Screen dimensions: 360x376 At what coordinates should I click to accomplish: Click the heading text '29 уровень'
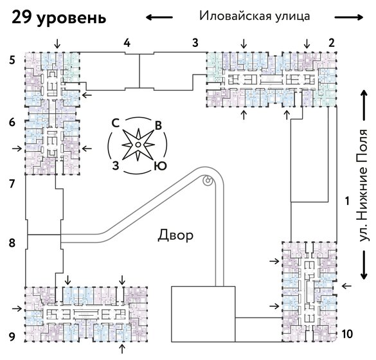(x=58, y=18)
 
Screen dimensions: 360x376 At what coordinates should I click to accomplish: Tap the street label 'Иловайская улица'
(x=255, y=16)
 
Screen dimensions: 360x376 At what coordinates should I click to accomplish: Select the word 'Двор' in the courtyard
(x=175, y=235)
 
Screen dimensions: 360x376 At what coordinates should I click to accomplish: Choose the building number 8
(x=12, y=243)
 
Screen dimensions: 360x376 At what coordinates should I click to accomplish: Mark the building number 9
(x=12, y=335)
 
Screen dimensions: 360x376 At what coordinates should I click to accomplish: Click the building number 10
(x=347, y=334)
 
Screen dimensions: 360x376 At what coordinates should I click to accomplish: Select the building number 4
(x=127, y=43)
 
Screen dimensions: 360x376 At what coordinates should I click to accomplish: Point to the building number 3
(x=194, y=43)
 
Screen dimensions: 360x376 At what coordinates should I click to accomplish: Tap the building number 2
(x=332, y=43)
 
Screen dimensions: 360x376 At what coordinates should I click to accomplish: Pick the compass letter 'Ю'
(x=161, y=166)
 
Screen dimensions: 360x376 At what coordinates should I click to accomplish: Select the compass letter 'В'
(x=158, y=124)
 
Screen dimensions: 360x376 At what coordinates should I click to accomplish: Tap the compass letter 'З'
(x=116, y=165)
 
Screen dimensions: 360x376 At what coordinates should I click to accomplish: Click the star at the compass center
(x=138, y=145)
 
